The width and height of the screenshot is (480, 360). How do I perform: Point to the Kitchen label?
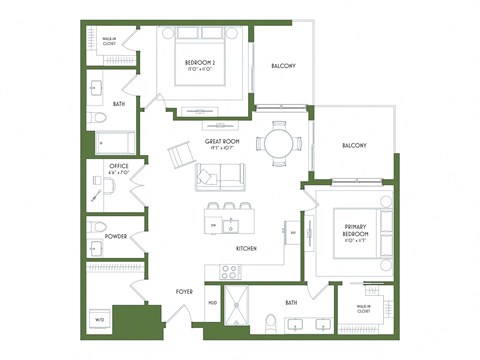point(249,248)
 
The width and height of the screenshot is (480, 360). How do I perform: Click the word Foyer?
point(186,292)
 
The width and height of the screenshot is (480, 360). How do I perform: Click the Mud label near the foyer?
point(213,302)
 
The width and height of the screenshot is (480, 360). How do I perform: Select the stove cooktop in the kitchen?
point(228,270)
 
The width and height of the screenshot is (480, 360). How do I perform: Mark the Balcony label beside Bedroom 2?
point(283,66)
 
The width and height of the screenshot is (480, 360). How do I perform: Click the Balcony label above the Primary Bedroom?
point(354,146)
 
